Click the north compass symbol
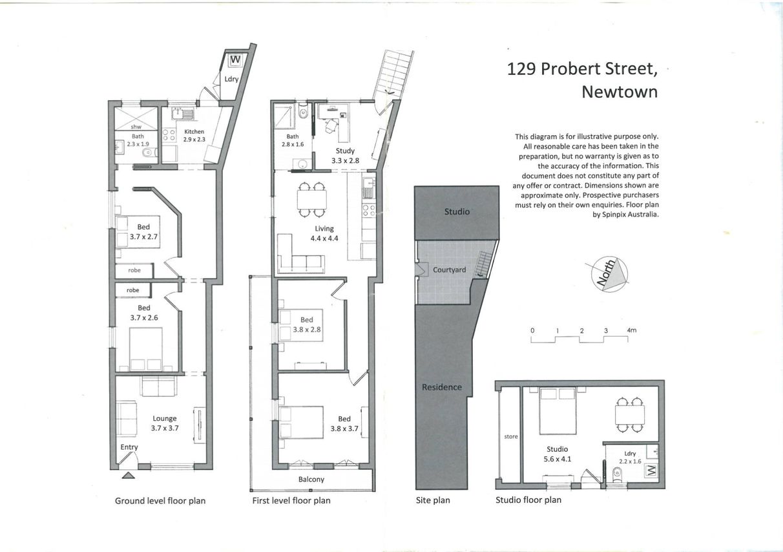point(609,275)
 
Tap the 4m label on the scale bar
point(632,330)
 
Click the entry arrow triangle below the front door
point(129,475)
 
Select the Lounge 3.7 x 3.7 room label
point(165,423)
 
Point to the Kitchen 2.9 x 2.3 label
point(194,135)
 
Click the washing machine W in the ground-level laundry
point(236,60)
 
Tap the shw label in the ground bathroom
point(136,127)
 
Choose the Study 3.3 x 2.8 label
point(345,156)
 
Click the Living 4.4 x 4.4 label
point(324,233)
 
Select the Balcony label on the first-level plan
point(311,479)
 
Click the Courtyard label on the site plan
point(449,270)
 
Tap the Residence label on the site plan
point(441,387)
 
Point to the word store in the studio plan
point(511,436)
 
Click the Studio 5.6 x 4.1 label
point(557,454)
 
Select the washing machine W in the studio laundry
point(651,471)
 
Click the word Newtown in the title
point(620,92)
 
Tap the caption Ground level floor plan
point(160,501)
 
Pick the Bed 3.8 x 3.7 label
point(344,423)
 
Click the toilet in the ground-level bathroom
point(151,153)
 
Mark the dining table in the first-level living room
point(312,199)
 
